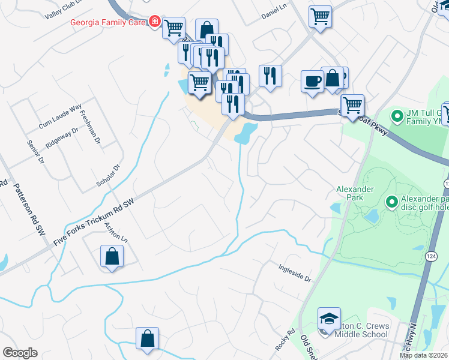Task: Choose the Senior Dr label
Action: (34, 152)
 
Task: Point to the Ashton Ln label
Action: (116, 231)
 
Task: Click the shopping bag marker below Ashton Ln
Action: (112, 257)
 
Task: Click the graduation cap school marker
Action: (329, 319)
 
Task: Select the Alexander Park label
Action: (355, 193)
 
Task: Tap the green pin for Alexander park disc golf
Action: (391, 203)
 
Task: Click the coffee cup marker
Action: (312, 81)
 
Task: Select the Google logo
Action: (20, 353)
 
